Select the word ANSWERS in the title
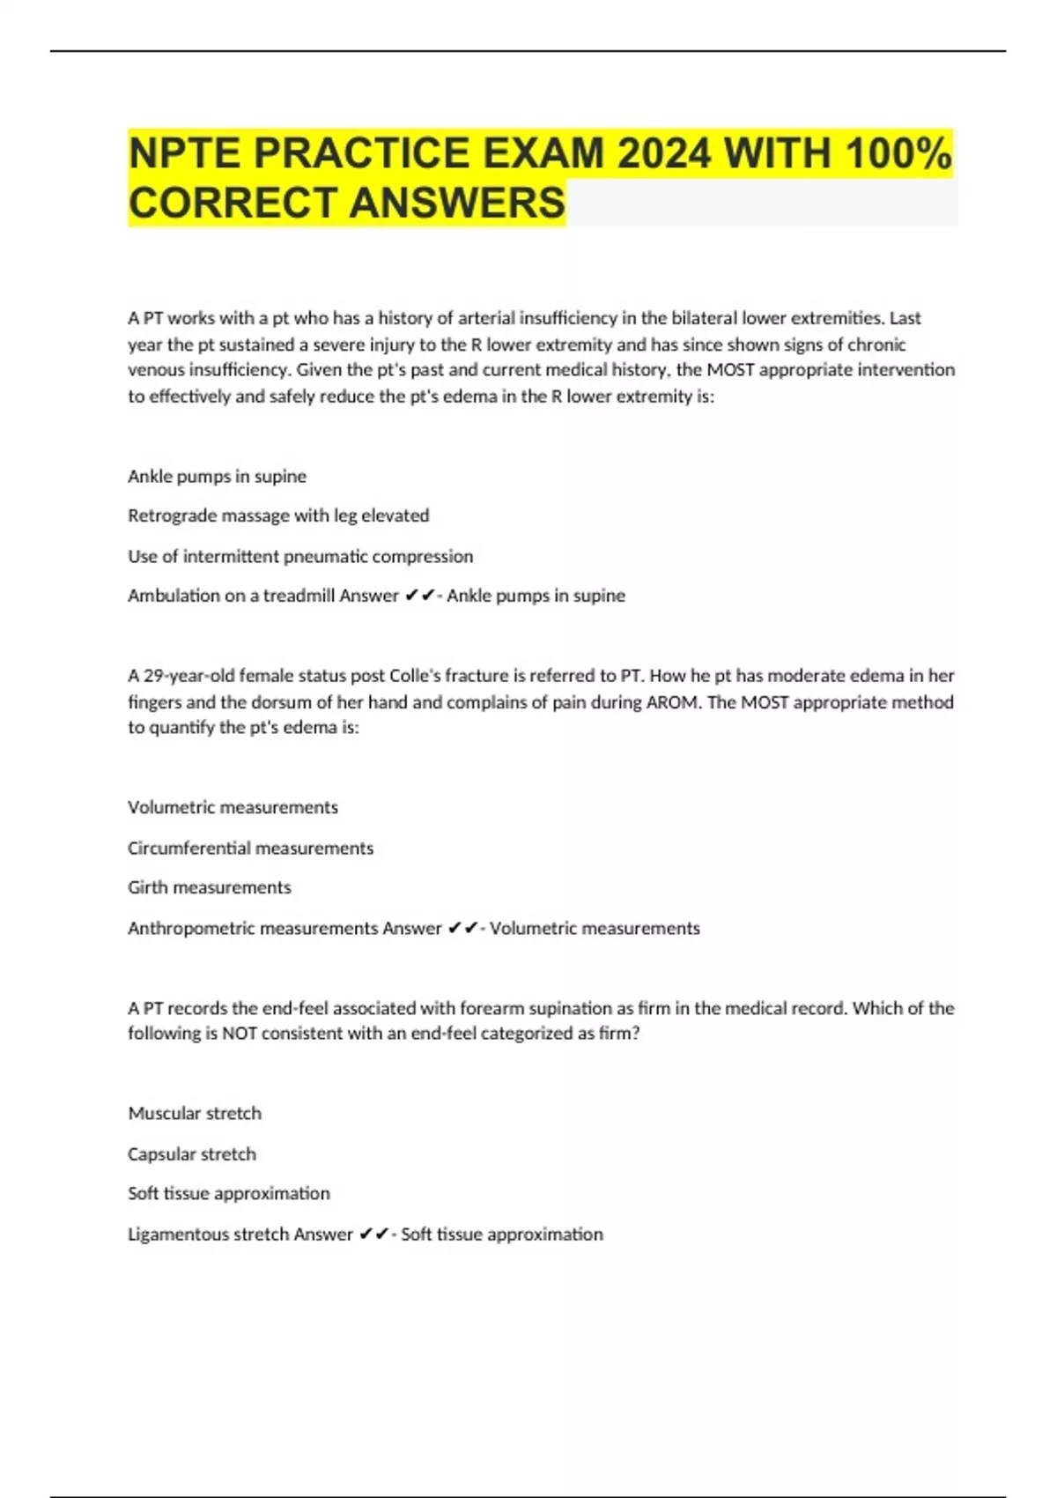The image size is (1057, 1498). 457,203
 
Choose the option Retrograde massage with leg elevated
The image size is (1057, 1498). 278,515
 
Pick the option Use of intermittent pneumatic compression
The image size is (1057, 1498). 300,556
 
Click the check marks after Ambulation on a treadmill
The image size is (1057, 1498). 420,596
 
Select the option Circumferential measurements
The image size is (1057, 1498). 250,848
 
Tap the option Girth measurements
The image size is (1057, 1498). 209,887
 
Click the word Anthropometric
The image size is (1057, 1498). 191,928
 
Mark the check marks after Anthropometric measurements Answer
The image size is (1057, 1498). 462,928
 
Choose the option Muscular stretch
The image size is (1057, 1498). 195,1113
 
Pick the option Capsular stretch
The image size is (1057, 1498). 192,1153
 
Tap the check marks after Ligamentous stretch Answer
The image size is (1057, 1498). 373,1234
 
